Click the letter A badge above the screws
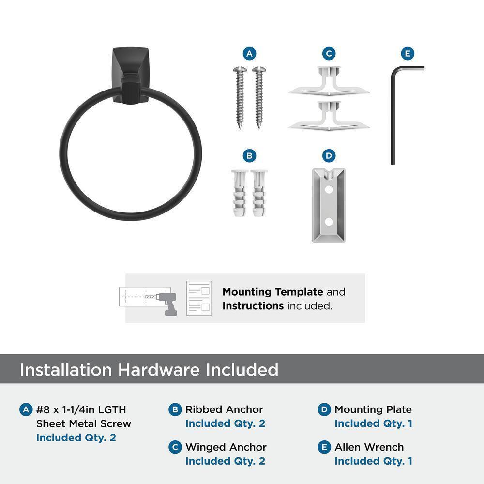coord(249,54)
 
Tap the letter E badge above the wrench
coord(408,54)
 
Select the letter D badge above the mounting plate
coord(329,156)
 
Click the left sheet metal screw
coord(240,97)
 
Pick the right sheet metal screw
coord(258,97)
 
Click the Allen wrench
coord(393,116)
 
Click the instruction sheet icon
coord(199,298)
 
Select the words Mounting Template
coord(272,292)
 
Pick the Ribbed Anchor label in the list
coord(224,409)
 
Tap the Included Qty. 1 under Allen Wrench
coord(373,461)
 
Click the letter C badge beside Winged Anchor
coord(175,447)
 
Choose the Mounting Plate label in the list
coord(373,409)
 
